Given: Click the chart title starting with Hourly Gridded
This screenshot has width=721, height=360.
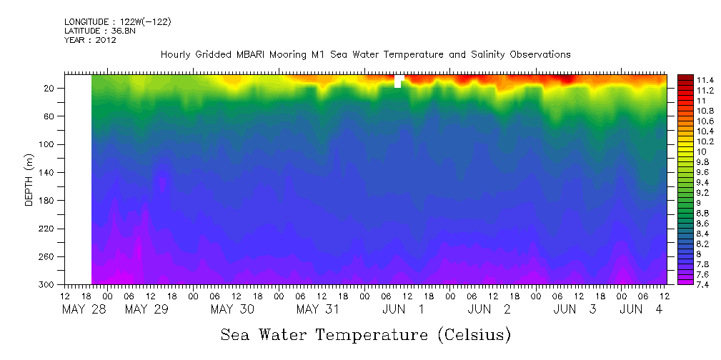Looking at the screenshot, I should [x=365, y=54].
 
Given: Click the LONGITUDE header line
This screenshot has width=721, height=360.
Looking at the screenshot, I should [x=117, y=22].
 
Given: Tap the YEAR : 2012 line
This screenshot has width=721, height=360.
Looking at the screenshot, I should [x=90, y=40].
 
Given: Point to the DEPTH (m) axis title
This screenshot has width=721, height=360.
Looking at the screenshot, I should [x=29, y=179].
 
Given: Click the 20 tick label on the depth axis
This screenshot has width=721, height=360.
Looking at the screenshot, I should [x=50, y=89].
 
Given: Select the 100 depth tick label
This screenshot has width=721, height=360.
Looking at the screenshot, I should [x=48, y=144].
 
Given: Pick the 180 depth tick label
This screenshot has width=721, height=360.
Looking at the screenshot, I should [x=48, y=201].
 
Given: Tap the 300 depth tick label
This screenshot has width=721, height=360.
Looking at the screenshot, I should [x=48, y=284].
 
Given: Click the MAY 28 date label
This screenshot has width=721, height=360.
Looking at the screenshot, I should [x=84, y=309].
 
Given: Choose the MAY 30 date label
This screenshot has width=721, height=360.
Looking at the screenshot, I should [x=232, y=309].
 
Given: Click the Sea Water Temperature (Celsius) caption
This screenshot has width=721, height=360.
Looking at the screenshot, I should [x=365, y=334].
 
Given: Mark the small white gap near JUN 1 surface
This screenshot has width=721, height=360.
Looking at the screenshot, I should [x=398, y=81].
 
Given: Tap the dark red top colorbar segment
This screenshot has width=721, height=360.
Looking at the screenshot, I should [x=685, y=76].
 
